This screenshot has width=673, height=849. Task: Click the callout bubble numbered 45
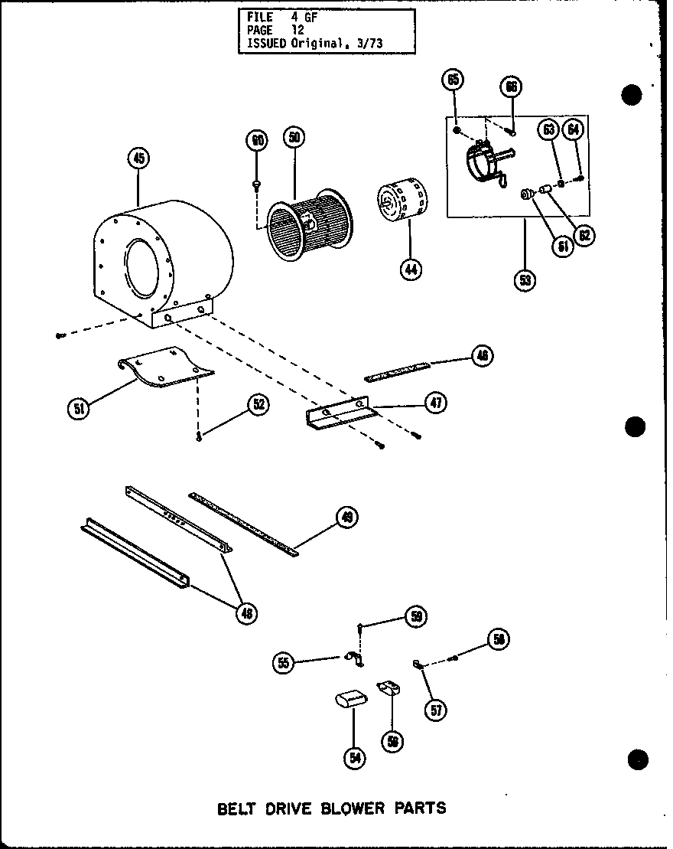click(138, 159)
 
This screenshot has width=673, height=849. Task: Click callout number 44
click(411, 269)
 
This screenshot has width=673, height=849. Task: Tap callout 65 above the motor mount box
click(453, 80)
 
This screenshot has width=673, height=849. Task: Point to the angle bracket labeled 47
click(340, 414)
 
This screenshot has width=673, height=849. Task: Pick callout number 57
click(437, 710)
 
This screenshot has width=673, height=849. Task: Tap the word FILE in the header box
click(261, 17)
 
